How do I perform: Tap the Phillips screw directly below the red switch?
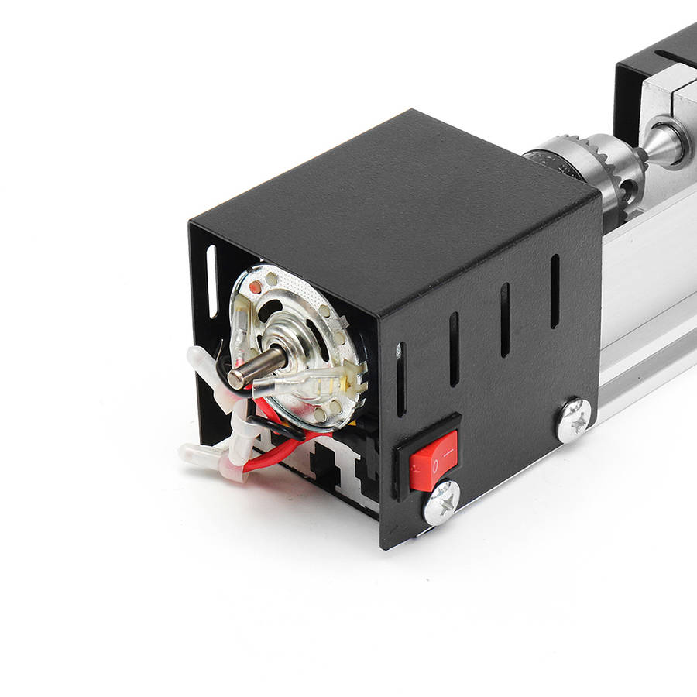[441, 503]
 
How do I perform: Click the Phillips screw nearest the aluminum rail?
[574, 420]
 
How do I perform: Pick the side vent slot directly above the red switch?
[454, 348]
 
